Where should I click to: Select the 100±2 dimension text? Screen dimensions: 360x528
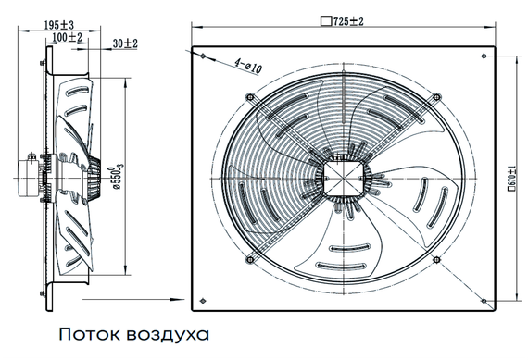(68, 38)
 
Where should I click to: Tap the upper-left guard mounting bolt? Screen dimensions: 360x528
(247, 96)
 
